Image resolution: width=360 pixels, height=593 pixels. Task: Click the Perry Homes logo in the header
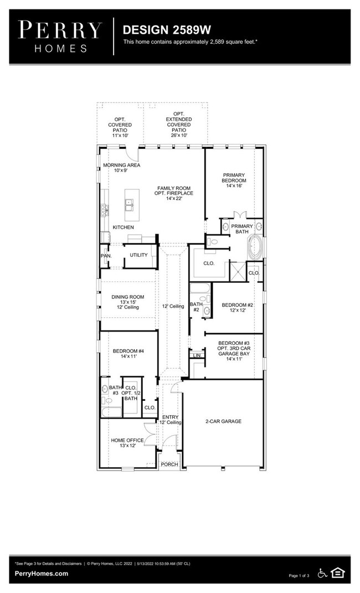point(60,37)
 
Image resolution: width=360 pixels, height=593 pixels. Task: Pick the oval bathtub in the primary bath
point(256,246)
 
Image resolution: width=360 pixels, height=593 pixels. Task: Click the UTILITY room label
point(138,255)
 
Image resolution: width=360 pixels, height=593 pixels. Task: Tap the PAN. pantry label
point(106,256)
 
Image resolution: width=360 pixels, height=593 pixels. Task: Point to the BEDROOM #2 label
point(237,305)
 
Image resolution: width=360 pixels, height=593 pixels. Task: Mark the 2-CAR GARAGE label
point(223,421)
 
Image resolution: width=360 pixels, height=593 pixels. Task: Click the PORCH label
point(169,464)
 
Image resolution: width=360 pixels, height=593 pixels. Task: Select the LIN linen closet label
point(196,355)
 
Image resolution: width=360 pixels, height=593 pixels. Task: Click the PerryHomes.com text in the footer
point(42,574)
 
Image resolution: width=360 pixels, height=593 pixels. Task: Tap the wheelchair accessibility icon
point(322,573)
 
